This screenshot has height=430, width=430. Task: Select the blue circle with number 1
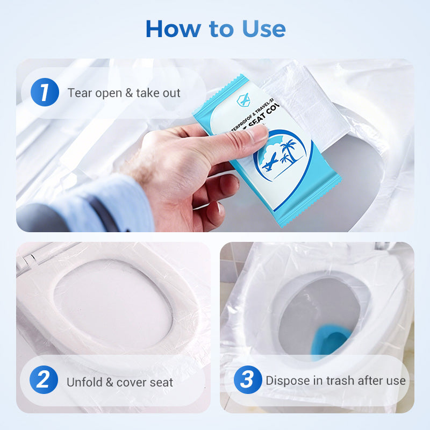tap(44, 92)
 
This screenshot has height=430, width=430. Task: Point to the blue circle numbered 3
tap(247, 381)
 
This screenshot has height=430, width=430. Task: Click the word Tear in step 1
tap(80, 93)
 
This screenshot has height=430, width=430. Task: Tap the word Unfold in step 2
tap(84, 382)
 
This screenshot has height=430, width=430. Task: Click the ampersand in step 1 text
tap(129, 93)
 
